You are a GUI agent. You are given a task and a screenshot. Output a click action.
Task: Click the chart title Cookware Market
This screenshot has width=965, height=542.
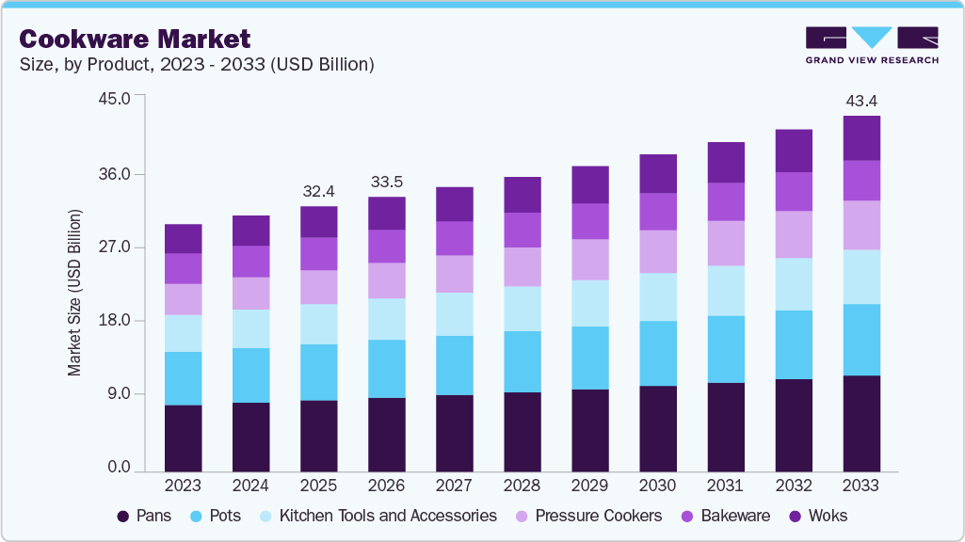point(136,39)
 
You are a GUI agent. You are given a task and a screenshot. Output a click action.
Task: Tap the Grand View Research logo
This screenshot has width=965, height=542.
point(872,45)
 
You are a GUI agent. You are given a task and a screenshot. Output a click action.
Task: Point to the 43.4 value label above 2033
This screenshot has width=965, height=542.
point(860,101)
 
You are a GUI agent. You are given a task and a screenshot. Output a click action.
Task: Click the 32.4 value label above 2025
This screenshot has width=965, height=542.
point(318,191)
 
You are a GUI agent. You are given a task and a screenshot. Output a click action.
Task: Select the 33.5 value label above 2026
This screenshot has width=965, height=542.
point(386,182)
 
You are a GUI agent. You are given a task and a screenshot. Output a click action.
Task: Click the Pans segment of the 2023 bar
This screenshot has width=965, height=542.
point(183,438)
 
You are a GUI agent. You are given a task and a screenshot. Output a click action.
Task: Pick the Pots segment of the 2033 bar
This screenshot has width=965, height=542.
point(860,340)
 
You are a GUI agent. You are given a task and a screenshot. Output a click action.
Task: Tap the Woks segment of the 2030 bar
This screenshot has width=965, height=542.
point(657,174)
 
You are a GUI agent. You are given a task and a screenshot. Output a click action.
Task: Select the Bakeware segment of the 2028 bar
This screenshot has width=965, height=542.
point(522,230)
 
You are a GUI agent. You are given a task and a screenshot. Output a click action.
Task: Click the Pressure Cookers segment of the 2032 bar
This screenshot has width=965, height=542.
point(793,234)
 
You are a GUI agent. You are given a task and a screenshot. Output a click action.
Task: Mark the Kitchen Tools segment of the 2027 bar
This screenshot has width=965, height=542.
point(454,314)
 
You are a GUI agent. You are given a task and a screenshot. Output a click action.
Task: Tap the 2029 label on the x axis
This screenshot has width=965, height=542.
point(589,486)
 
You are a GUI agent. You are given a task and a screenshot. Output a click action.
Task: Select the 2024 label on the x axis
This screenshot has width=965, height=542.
point(250,486)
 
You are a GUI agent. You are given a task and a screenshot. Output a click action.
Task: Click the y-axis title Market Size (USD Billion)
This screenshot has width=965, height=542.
point(74,293)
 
